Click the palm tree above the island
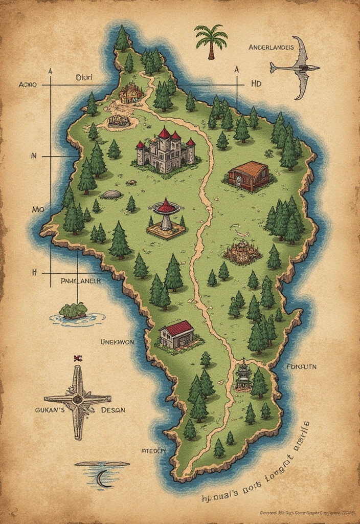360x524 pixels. pyautogui.click(x=211, y=41)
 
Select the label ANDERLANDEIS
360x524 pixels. pyautogui.click(x=271, y=48)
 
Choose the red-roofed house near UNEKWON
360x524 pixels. pyautogui.click(x=176, y=335)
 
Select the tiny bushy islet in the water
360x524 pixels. pyautogui.click(x=73, y=310)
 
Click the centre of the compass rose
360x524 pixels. pyautogui.click(x=78, y=400)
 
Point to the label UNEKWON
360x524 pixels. pyautogui.click(x=117, y=342)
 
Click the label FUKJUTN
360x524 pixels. pyautogui.click(x=302, y=366)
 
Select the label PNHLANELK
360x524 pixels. pyautogui.click(x=80, y=281)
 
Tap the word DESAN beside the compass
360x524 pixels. pyautogui.click(x=113, y=410)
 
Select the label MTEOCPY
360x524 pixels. pyautogui.click(x=153, y=451)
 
